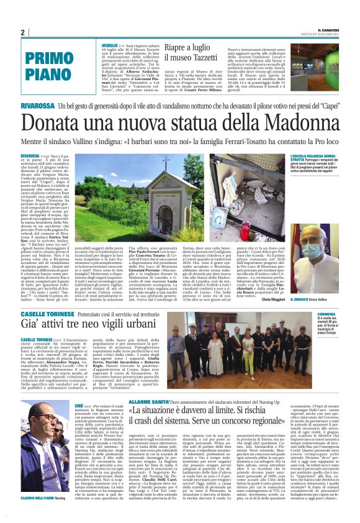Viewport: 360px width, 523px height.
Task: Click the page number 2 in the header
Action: tap(22, 32)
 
